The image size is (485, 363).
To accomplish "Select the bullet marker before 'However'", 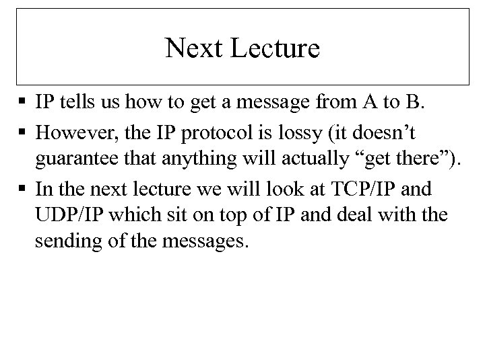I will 23,132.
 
